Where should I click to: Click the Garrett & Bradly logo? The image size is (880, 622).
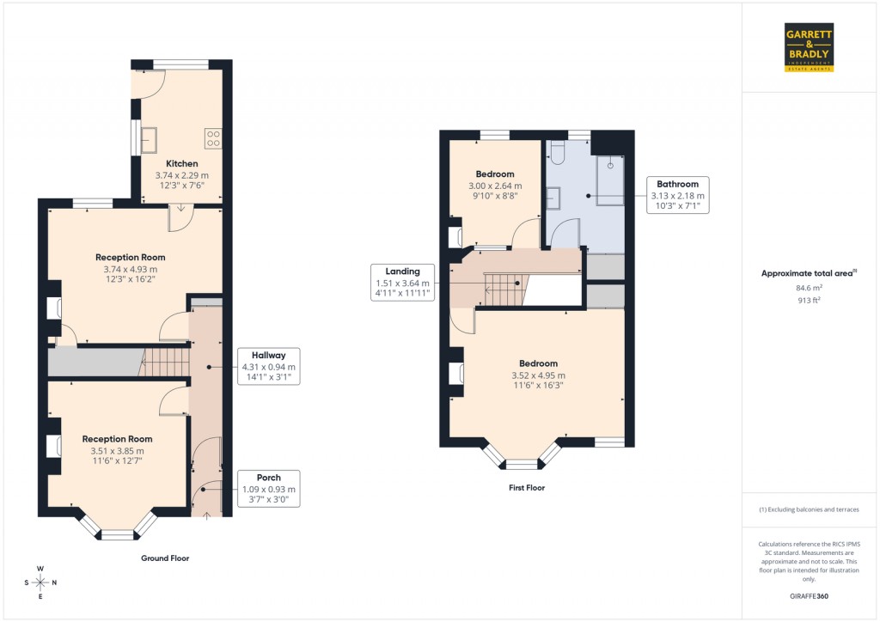pos(810,47)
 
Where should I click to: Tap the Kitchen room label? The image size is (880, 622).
pos(182,163)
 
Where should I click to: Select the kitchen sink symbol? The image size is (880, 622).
pos(149,137)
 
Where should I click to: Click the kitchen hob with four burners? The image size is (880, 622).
pos(213,138)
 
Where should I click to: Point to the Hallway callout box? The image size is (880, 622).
pos(268,366)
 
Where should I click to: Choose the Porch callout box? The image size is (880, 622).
pos(269,489)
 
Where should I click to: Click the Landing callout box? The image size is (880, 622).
pos(403,283)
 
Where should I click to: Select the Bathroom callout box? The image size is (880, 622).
pos(678,195)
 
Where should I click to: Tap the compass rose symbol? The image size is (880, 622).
pos(40,582)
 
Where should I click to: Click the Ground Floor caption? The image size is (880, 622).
pos(165,558)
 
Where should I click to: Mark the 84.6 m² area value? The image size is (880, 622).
pos(809,289)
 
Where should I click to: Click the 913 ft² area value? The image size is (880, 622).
pos(809,301)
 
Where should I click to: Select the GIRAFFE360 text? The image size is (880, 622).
pos(809,596)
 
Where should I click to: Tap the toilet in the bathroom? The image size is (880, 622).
pos(555,153)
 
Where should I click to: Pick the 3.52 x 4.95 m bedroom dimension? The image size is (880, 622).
pos(538,375)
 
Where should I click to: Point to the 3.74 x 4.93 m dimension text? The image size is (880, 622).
pos(131,269)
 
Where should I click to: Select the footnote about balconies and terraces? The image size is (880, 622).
pos(809,509)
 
